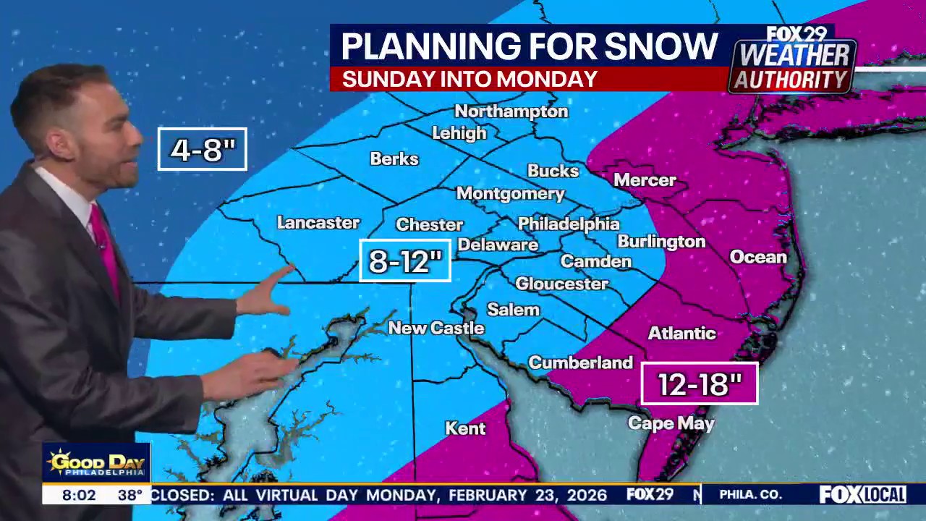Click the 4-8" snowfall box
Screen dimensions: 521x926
[x=203, y=149]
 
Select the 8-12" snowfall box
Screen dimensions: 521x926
[x=405, y=260]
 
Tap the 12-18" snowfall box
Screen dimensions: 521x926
[x=700, y=384]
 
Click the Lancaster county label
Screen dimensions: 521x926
[x=318, y=223]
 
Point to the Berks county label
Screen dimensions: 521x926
[x=394, y=158]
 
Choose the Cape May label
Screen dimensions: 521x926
[x=671, y=423]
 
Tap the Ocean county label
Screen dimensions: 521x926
[x=757, y=257]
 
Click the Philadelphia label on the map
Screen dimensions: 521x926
[x=569, y=224]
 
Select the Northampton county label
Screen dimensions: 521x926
[x=511, y=111]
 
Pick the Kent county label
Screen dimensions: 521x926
[x=465, y=428]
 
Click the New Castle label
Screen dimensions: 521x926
[x=436, y=328]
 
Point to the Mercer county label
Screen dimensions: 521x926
[x=645, y=180]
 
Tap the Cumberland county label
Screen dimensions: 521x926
[x=580, y=363]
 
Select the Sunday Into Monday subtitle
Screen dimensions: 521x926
[x=470, y=79]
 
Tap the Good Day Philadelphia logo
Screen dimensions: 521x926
[x=95, y=463]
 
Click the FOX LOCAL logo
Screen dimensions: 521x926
[x=862, y=495]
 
